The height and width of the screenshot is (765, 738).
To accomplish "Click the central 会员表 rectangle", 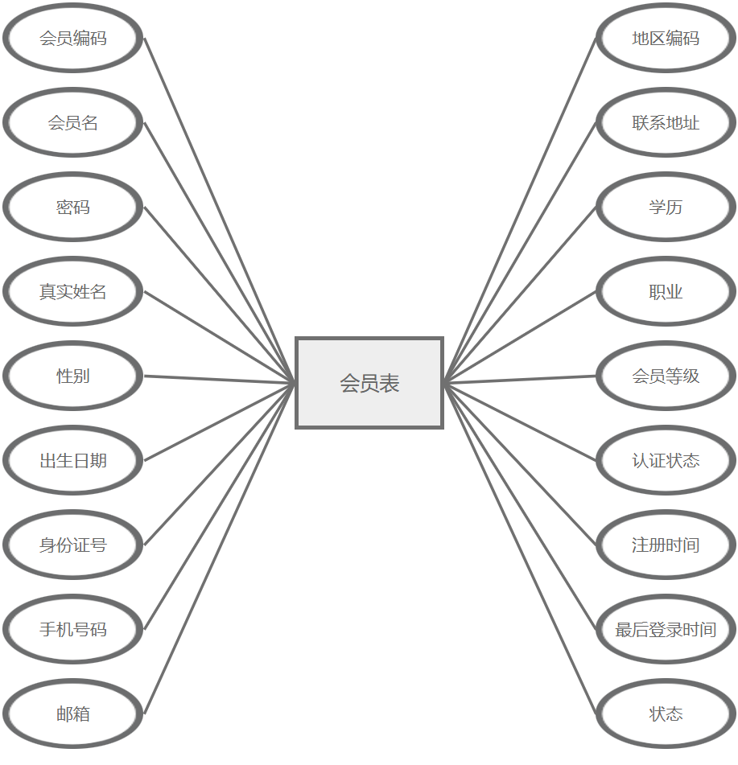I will click(x=369, y=383).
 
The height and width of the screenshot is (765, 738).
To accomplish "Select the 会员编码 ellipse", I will click(x=73, y=39).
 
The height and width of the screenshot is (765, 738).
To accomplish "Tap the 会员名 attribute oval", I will click(x=73, y=123).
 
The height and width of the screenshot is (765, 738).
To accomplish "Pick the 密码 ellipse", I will click(x=73, y=208).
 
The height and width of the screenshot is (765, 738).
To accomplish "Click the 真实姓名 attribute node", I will click(x=73, y=292).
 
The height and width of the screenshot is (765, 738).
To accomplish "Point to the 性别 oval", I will click(x=73, y=376).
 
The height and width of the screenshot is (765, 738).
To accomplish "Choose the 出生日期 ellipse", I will click(x=73, y=461).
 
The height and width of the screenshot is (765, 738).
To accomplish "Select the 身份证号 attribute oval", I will click(x=73, y=545).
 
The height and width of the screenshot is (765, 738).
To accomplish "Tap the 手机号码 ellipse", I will click(x=73, y=630).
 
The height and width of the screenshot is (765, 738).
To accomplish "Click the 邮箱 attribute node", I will click(x=73, y=714).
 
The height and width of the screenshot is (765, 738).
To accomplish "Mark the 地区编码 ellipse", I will click(x=666, y=39).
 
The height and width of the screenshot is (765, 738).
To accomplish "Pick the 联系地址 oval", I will click(x=666, y=123).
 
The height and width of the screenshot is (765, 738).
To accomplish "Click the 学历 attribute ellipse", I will click(x=666, y=208).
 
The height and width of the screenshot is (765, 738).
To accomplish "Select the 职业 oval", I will click(x=666, y=292).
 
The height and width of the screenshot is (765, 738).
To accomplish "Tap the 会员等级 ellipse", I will click(x=666, y=376).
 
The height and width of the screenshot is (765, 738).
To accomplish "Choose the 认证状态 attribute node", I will click(x=666, y=461).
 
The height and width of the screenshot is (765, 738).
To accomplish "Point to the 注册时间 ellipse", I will click(x=666, y=545).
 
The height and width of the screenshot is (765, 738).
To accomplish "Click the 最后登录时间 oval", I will click(x=666, y=630).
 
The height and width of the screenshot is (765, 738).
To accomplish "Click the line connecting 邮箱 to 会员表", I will click(x=220, y=549).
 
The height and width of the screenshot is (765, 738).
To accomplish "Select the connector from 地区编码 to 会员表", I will click(x=520, y=211).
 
